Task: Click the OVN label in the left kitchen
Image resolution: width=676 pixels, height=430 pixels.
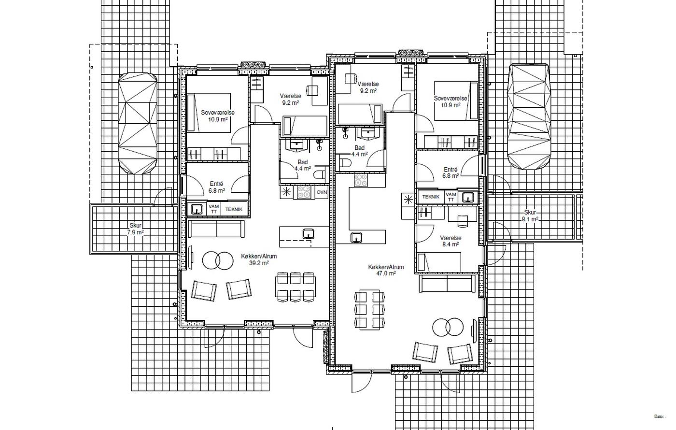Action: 322,192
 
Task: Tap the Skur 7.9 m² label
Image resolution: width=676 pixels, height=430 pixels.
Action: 135,229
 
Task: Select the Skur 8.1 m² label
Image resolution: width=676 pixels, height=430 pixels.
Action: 530,216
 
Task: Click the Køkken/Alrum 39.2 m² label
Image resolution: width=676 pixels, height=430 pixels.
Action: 259,259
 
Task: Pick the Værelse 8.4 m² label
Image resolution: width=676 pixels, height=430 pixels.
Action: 451,241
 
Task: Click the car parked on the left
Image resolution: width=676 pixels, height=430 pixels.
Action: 138,123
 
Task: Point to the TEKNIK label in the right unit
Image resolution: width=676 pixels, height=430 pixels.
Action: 431,197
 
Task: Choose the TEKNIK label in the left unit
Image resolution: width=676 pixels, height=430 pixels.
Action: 234,209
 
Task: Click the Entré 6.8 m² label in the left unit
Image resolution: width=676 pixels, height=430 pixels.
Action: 217,187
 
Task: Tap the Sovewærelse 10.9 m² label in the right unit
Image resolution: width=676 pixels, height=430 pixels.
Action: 451,102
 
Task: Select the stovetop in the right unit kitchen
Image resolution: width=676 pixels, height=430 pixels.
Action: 361,180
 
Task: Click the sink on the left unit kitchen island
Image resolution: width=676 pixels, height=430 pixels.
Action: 309,233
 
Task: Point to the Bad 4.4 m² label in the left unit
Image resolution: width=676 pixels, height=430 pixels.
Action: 302,165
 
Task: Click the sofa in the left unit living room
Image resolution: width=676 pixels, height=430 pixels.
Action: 216,229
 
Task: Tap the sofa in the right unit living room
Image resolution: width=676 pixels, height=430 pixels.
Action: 447,284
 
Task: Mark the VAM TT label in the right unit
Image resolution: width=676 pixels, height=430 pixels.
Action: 451,197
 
